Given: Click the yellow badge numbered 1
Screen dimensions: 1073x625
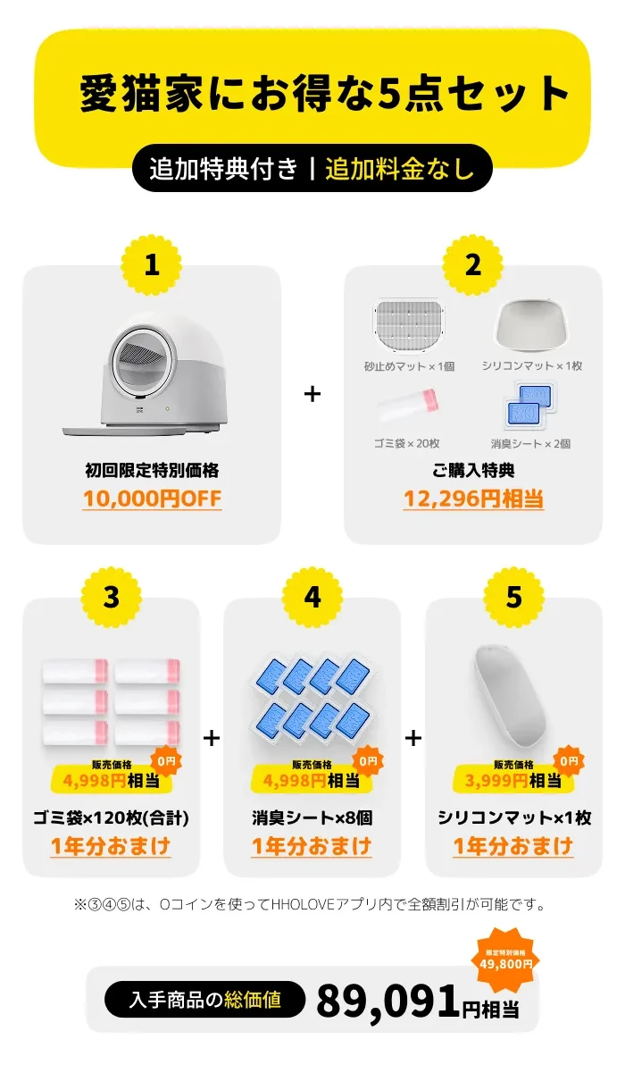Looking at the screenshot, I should [x=152, y=264].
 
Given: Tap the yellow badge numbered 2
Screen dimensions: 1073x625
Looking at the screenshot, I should [x=473, y=264].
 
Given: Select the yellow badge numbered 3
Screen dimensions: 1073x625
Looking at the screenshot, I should [x=111, y=597].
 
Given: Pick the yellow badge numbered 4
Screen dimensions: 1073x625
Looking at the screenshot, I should [x=312, y=597].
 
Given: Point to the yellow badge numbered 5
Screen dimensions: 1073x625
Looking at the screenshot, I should [x=513, y=597].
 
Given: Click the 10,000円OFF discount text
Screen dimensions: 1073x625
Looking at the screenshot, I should [x=152, y=499].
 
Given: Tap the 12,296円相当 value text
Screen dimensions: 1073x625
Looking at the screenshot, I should [x=473, y=499].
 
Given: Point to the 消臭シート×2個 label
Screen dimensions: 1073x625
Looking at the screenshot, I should [x=530, y=443].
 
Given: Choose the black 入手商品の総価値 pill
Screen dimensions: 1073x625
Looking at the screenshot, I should [x=204, y=1000].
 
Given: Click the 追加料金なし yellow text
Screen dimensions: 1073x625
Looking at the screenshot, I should [x=399, y=169].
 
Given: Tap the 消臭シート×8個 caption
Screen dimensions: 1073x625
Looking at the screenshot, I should [x=312, y=817].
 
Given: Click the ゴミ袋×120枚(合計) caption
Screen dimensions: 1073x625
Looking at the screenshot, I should [x=111, y=817].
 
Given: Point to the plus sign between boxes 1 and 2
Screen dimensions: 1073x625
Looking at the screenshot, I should [x=312, y=393].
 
